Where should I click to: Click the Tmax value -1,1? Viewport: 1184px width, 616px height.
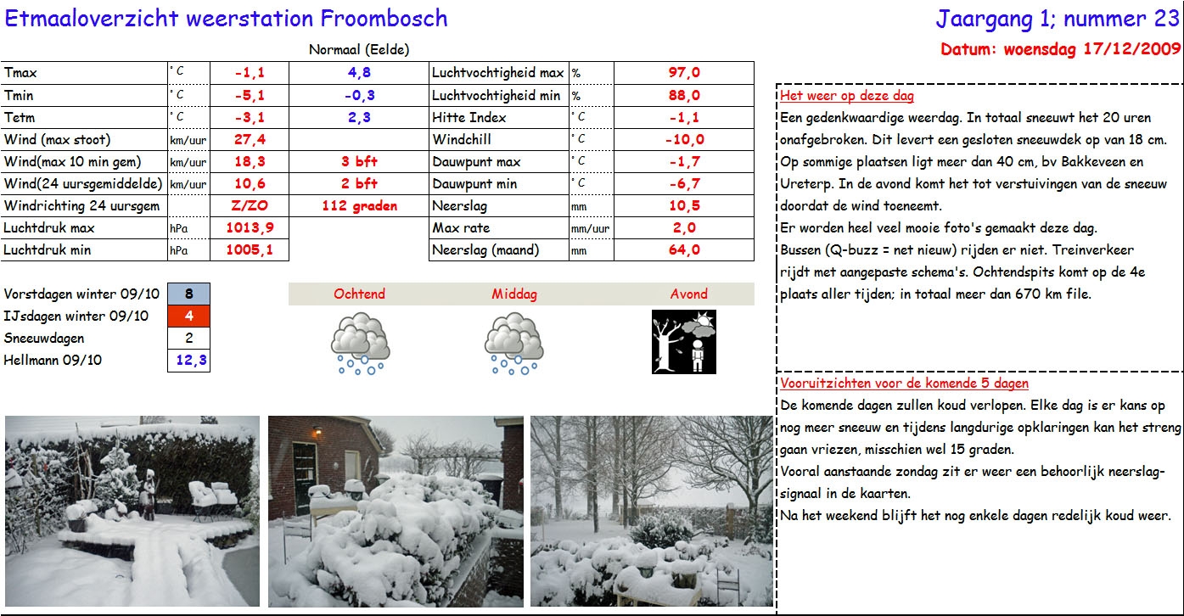(x=250, y=73)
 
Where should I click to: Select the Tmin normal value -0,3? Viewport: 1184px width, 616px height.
(x=359, y=95)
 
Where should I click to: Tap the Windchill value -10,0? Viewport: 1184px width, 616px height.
(x=684, y=139)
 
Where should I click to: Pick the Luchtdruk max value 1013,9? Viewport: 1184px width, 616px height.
(x=250, y=227)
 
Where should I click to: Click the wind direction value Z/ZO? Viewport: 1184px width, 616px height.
(x=250, y=205)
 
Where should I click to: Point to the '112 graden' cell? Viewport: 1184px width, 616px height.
(x=359, y=205)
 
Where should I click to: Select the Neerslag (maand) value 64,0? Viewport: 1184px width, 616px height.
(x=684, y=249)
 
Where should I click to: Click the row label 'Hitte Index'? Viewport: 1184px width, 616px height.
(x=469, y=117)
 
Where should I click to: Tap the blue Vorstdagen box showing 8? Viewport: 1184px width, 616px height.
(x=188, y=294)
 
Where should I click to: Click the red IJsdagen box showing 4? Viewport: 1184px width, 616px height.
(x=188, y=316)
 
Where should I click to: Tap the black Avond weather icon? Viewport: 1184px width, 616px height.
(x=683, y=341)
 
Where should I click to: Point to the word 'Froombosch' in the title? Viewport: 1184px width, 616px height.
(x=384, y=18)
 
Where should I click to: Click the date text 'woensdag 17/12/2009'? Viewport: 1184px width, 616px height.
(x=1091, y=49)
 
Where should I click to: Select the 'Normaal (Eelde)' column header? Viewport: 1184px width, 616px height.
(x=359, y=50)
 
